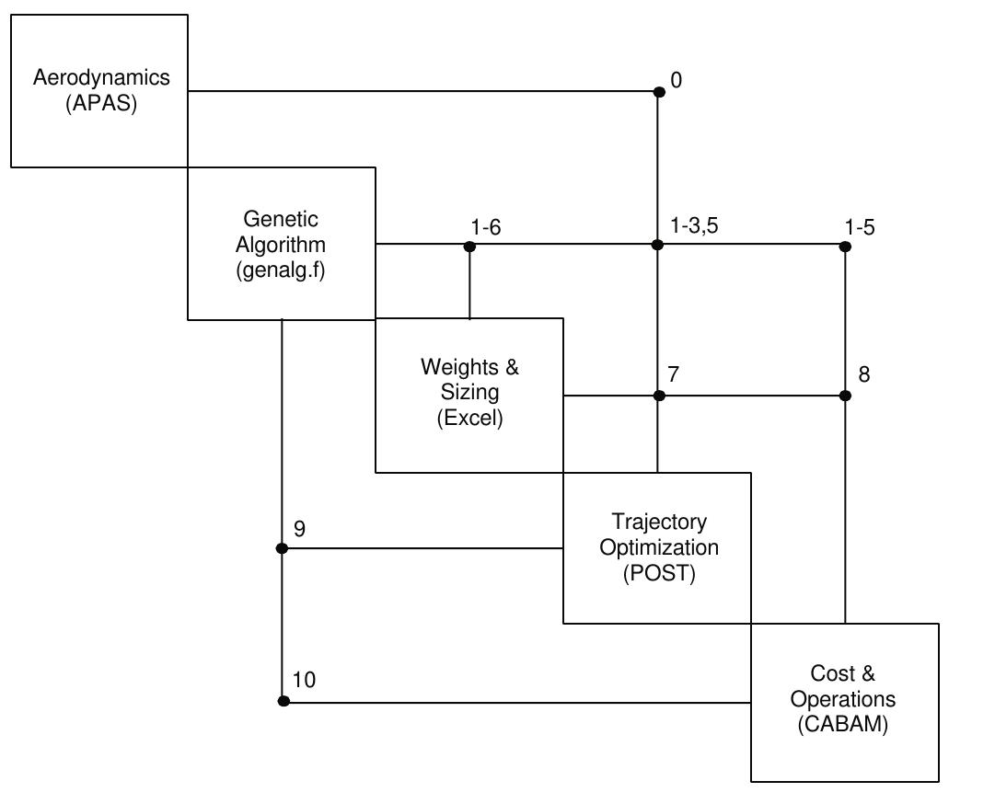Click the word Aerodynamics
pos(101,77)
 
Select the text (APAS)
pos(101,103)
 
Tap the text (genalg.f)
pos(281,270)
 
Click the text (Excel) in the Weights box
pos(469,418)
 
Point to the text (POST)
pos(659,572)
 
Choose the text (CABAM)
pos(843,724)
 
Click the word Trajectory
pos(659,523)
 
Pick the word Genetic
pos(281,219)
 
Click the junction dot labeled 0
pos(659,91)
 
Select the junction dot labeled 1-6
pos(469,247)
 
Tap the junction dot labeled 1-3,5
pos(657,245)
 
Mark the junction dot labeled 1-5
pos(846,247)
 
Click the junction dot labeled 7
pos(659,396)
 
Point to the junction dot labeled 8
pos(846,396)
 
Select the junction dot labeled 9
pos(282,548)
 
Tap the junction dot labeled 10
pos(283,701)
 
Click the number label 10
pos(304,680)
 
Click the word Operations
pos(843,699)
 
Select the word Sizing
pos(469,393)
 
